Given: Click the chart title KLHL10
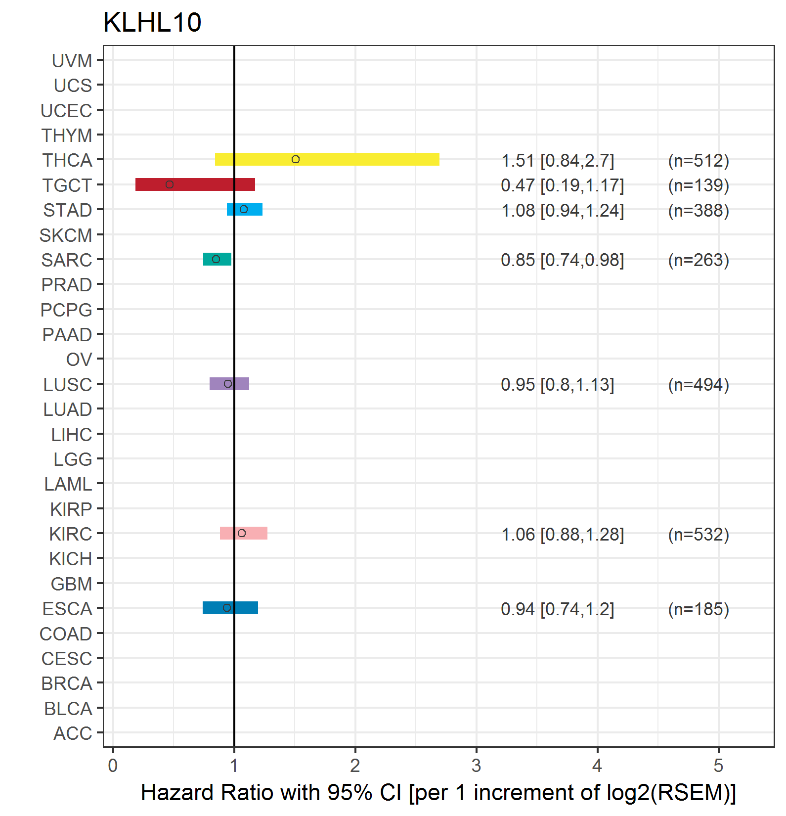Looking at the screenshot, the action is point(152,22).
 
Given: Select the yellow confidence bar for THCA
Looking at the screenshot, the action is point(327,159).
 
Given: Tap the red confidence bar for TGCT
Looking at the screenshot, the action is point(195,184).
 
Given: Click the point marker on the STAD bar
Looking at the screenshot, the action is point(244,209).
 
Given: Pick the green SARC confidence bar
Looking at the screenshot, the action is point(217,259).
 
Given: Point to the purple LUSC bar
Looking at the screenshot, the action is point(229,384).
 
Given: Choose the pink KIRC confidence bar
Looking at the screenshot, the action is point(244,533).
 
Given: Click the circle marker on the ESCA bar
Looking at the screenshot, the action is point(227,608).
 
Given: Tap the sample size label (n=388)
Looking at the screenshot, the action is point(699,211).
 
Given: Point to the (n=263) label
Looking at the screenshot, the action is point(699,260).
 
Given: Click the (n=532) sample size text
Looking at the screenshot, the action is point(699,535).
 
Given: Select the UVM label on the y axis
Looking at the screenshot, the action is point(72,61).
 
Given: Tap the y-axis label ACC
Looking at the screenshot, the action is point(73,733).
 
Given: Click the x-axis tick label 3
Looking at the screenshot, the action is point(476,766).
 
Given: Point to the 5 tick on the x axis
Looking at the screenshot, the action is point(718,766).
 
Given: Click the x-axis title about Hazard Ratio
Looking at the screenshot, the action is point(438,793).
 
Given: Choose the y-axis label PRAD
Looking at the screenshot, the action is point(67,285).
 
